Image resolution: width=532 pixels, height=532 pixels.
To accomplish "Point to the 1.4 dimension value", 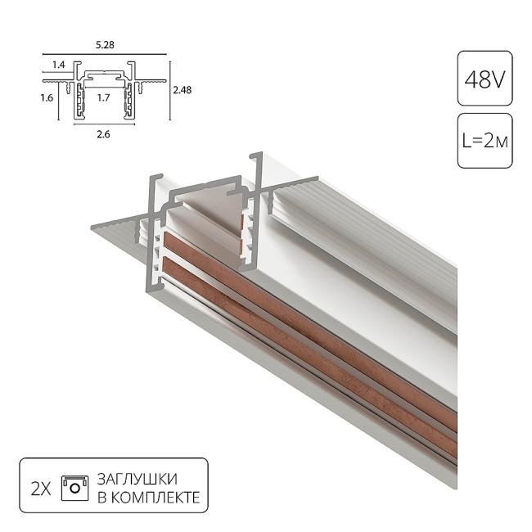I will point(60,63).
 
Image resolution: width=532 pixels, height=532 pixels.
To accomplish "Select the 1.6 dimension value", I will point(48,97).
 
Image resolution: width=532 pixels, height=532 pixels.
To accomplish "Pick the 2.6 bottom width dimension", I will point(103,134).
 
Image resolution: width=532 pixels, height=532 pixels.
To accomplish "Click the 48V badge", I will point(485,79).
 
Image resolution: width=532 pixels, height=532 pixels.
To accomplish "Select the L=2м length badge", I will point(485,141).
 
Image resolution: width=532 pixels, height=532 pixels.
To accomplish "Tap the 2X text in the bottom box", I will point(40,489).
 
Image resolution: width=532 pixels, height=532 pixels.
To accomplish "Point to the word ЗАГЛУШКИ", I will point(137,479).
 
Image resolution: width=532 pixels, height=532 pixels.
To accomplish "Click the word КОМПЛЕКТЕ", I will point(155,498).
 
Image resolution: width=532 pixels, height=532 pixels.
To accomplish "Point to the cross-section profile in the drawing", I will point(103,90).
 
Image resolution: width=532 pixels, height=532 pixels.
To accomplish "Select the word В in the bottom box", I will point(102,498).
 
